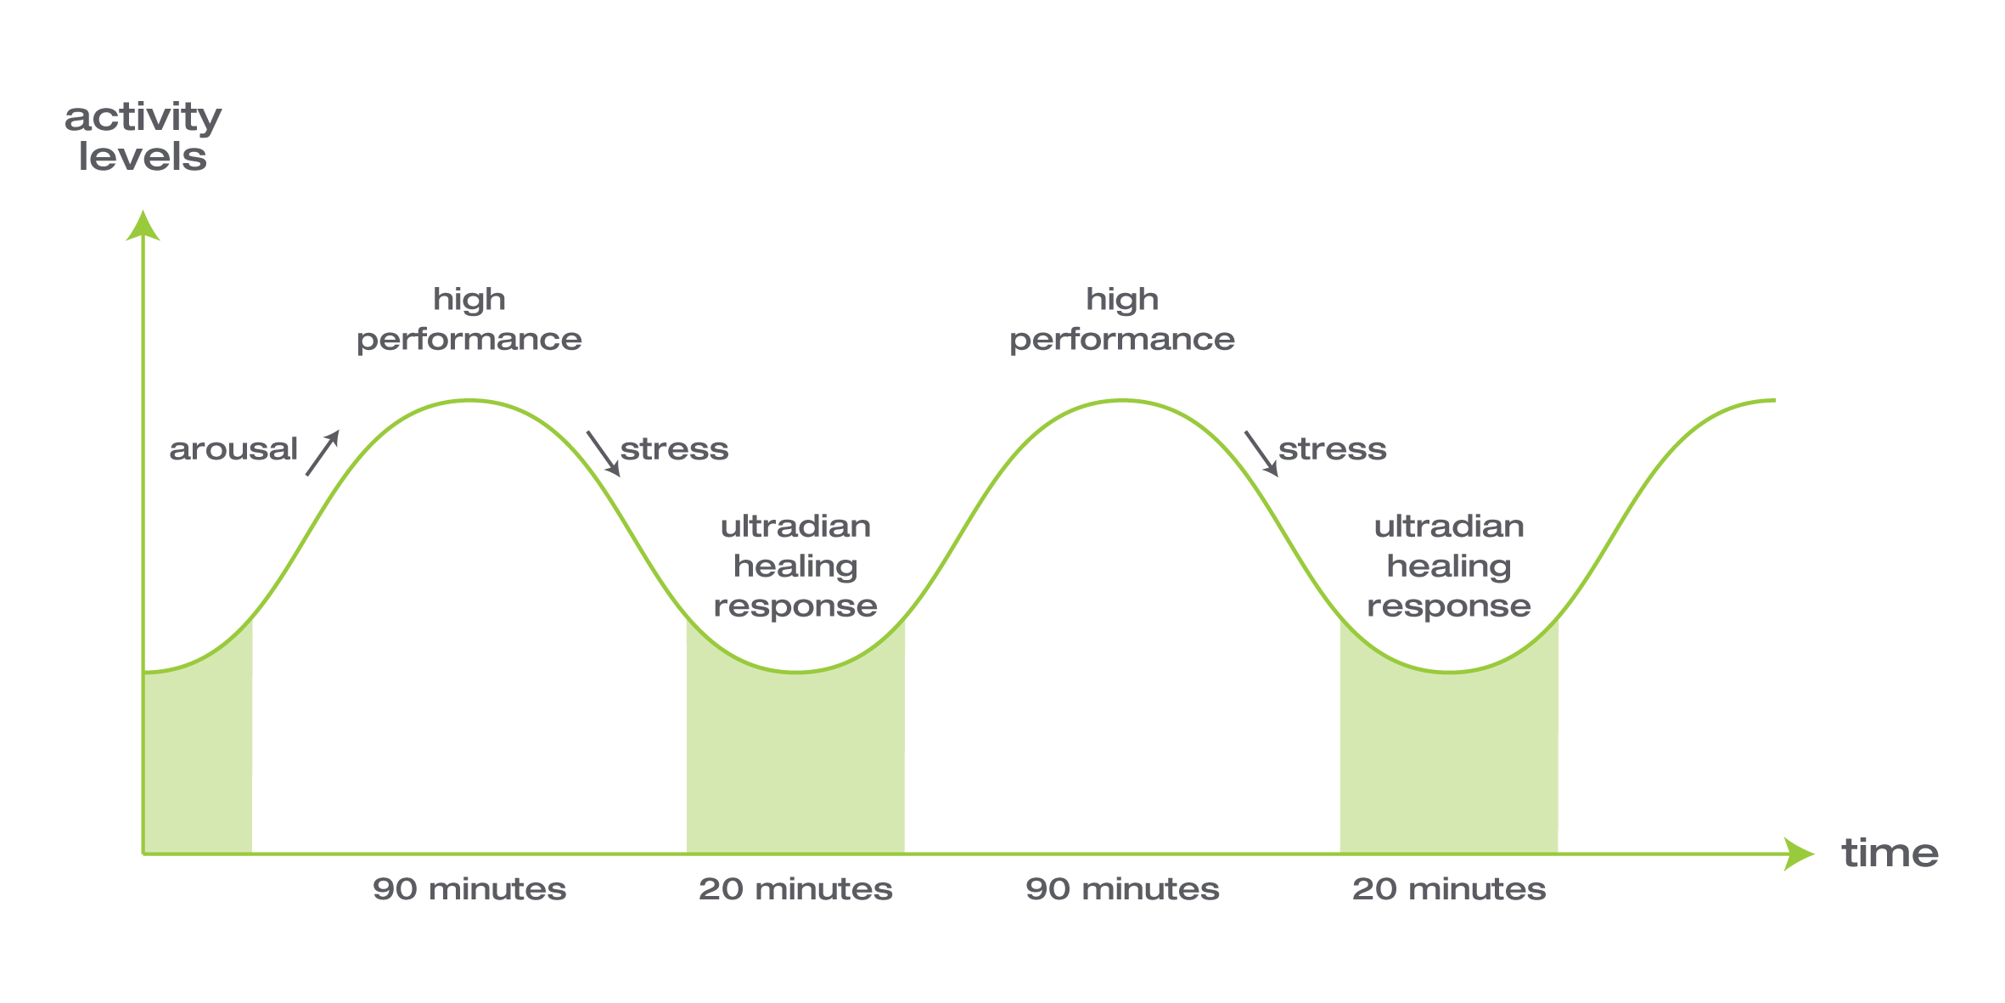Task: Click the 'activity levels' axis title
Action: click(143, 137)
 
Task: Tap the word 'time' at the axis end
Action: click(1890, 853)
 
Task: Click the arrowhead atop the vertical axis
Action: click(143, 226)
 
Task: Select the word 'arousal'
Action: click(233, 448)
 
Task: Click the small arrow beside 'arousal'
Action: click(323, 453)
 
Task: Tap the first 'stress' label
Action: click(674, 448)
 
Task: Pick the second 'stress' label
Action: click(1332, 448)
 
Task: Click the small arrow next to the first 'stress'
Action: click(604, 454)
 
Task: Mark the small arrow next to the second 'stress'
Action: click(1261, 454)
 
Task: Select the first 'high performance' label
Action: click(469, 318)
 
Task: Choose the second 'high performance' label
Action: click(1121, 318)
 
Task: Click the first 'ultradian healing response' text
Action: click(795, 566)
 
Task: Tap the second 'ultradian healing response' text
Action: click(1448, 566)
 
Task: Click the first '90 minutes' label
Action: click(469, 889)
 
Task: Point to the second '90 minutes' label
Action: click(1121, 889)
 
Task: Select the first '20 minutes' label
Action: click(795, 889)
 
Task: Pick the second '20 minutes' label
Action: click(1448, 889)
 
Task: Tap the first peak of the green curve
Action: click(469, 400)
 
